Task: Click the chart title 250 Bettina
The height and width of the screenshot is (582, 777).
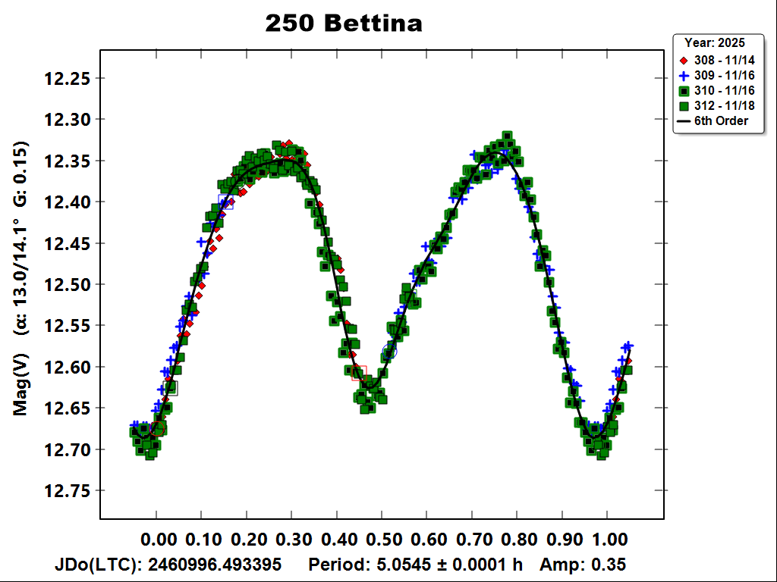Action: (x=343, y=23)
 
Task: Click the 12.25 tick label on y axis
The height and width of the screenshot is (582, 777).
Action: (x=68, y=78)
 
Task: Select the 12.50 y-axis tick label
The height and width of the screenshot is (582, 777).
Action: (x=68, y=284)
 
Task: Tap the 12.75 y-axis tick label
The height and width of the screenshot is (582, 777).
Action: (x=68, y=490)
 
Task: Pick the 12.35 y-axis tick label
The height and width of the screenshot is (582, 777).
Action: (x=68, y=161)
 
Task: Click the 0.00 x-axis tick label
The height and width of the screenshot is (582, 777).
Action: (x=159, y=540)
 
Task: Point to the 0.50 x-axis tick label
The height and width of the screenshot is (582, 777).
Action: (x=384, y=540)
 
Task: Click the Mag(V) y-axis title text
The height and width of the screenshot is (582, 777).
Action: (x=20, y=386)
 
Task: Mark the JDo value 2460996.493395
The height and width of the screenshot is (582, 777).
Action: (x=215, y=565)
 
